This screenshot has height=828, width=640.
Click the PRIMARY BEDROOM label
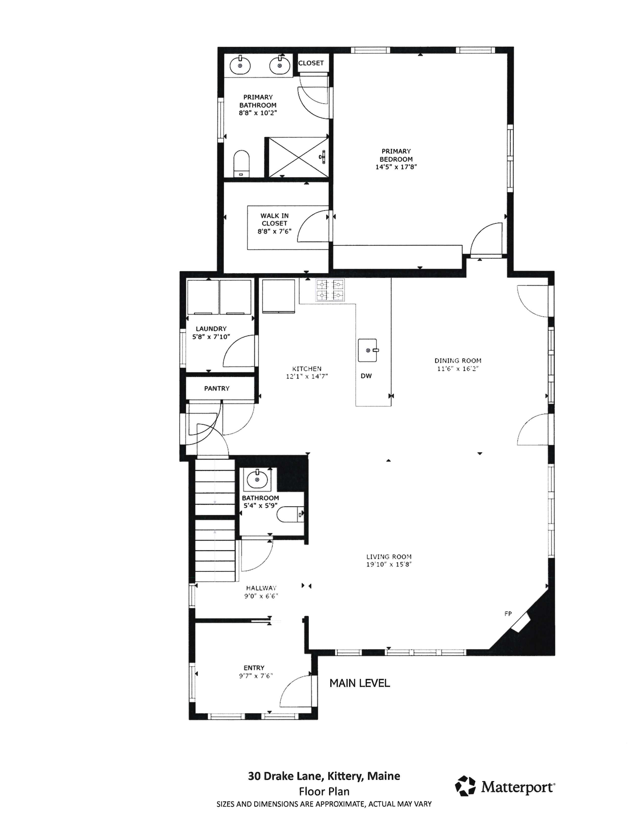396,155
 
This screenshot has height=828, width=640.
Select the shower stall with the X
299,157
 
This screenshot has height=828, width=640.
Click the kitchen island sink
368,350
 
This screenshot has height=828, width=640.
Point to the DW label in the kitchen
366,376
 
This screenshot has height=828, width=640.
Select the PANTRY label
217,388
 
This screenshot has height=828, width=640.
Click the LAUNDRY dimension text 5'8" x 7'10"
211,337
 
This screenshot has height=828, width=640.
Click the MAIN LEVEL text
359,683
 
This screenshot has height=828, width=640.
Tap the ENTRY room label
254,668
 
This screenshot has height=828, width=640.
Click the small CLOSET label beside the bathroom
311,63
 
